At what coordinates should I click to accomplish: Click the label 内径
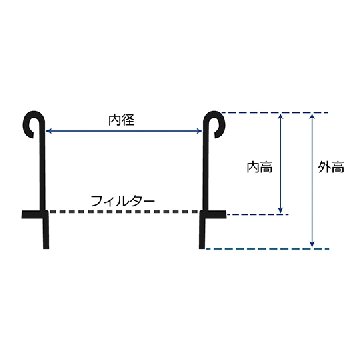pyautogui.click(x=121, y=120)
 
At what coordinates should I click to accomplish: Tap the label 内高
pyautogui.click(x=260, y=167)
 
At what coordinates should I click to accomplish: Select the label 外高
pyautogui.click(x=331, y=168)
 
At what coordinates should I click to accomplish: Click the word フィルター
pyautogui.click(x=123, y=201)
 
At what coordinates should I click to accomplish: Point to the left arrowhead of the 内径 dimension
pyautogui.click(x=48, y=131)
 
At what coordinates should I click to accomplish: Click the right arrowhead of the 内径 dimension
pyautogui.click(x=200, y=131)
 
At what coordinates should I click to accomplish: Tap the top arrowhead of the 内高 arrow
pyautogui.click(x=280, y=116)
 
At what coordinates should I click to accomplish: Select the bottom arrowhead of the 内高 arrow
pyautogui.click(x=280, y=210)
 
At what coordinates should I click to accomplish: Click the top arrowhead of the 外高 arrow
pyautogui.click(x=312, y=116)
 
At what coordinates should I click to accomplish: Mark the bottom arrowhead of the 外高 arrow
pyautogui.click(x=312, y=245)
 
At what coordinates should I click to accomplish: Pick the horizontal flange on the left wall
pyautogui.click(x=35, y=214)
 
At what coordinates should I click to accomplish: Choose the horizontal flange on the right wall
pyautogui.click(x=213, y=214)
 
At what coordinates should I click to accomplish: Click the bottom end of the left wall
pyautogui.click(x=46, y=248)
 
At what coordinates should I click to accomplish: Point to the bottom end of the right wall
pyautogui.click(x=202, y=248)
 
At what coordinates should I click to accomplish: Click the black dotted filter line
pyautogui.click(x=124, y=212)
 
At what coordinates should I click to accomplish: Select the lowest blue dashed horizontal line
pyautogui.click(x=268, y=249)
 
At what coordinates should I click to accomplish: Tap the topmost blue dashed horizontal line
pyautogui.click(x=275, y=113)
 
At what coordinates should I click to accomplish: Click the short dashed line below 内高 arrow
pyautogui.click(x=257, y=214)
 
